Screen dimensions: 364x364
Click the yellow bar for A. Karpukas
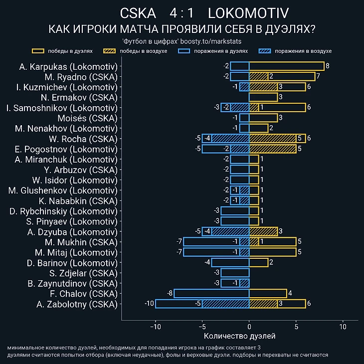tap(286, 66)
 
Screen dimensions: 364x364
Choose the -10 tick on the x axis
tap(155, 327)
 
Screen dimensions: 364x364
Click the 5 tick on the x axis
tap(296, 327)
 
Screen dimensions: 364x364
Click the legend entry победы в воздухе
tap(135, 51)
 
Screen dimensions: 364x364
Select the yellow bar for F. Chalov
tap(268, 293)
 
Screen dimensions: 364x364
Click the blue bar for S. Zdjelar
tap(235, 273)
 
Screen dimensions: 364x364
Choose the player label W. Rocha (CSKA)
tap(83, 139)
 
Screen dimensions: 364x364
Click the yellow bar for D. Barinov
tap(258, 262)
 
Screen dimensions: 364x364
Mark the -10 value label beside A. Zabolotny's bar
tap(150, 304)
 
